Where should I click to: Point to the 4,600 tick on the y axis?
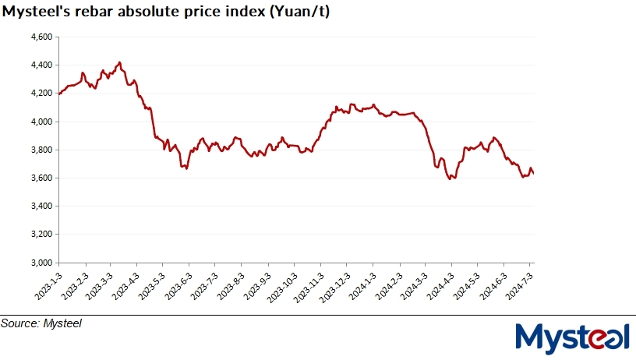[x=41, y=37]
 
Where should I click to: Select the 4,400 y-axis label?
[x=41, y=65]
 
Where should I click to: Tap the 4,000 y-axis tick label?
[x=41, y=122]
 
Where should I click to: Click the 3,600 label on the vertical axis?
[x=41, y=178]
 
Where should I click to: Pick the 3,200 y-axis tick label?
[x=41, y=234]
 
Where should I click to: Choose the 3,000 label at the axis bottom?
[x=41, y=263]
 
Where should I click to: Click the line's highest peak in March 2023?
[x=118, y=62]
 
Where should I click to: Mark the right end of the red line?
[x=533, y=173]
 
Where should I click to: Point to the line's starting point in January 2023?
[x=59, y=94]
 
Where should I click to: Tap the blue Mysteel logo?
[x=572, y=337]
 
